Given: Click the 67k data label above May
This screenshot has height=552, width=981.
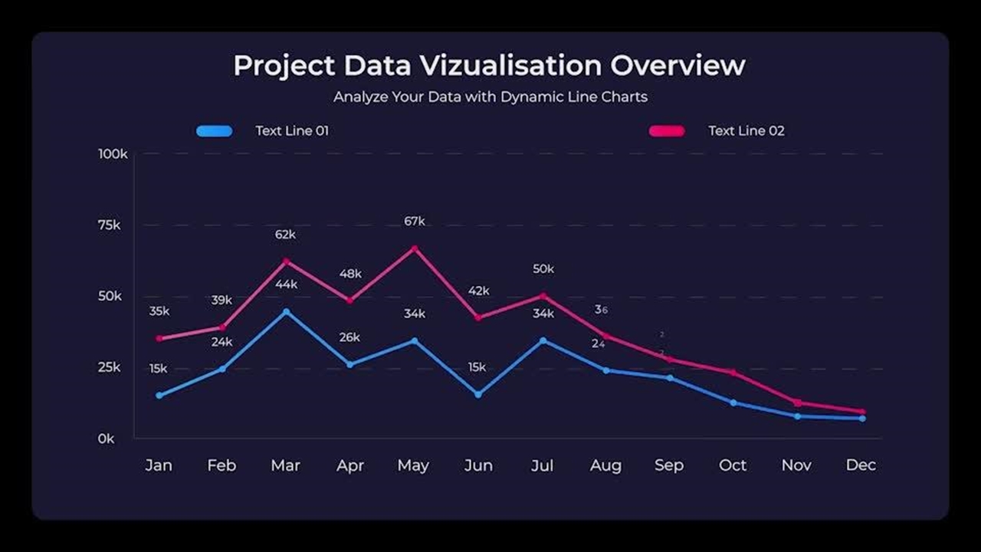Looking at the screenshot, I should coord(415,222).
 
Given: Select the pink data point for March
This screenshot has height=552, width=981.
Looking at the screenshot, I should coord(287,261).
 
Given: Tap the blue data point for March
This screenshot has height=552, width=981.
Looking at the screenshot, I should coord(287,311).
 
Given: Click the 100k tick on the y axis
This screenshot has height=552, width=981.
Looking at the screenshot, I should coord(113,154).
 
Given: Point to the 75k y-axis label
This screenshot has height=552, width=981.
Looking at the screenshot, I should coord(108,225).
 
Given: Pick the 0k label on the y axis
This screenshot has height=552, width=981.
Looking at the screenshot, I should coord(106,439).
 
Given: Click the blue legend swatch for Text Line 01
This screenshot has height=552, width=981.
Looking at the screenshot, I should coord(215,131).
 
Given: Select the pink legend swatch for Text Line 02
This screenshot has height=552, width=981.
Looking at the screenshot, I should coord(667,131).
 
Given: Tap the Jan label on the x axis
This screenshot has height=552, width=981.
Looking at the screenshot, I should coord(159,465).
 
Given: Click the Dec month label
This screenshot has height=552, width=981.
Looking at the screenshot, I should coord(861,465).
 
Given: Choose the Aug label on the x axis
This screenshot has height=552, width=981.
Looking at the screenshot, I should coord(605,465).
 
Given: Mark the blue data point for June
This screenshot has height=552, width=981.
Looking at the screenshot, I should coord(478,394).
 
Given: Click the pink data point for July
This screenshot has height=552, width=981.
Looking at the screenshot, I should coord(543,296).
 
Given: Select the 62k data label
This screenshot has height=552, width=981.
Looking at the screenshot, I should coord(285,235).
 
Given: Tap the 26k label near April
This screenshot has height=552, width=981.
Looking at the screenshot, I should coord(349,337).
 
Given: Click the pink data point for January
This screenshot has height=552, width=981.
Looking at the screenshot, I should coord(159,338).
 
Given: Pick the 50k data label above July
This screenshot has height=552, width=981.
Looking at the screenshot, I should coord(543,269).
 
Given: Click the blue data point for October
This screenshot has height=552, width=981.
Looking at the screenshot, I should coord(733,402).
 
